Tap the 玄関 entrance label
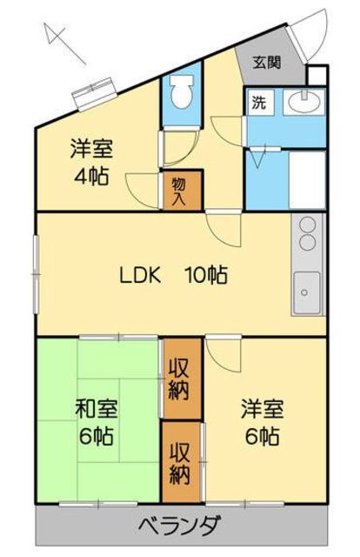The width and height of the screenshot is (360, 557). click(x=267, y=63)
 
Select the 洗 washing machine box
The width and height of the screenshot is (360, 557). click(x=261, y=103)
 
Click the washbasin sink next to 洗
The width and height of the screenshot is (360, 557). click(x=304, y=102)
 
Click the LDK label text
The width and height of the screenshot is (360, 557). click(x=140, y=275)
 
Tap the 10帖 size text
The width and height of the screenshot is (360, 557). click(x=207, y=275)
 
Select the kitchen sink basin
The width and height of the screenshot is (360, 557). click(x=307, y=292)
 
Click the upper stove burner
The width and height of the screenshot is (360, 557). click(x=308, y=225)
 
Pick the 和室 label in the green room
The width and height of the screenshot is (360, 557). click(x=97, y=409)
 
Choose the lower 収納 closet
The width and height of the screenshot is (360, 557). click(x=181, y=462)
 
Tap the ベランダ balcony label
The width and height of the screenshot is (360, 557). click(x=180, y=526)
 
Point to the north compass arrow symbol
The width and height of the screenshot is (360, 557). click(x=63, y=43)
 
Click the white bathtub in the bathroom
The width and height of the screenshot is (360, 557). click(x=307, y=180)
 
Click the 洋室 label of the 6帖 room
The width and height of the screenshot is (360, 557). click(x=263, y=409)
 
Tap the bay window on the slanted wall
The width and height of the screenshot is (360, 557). click(x=95, y=92)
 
